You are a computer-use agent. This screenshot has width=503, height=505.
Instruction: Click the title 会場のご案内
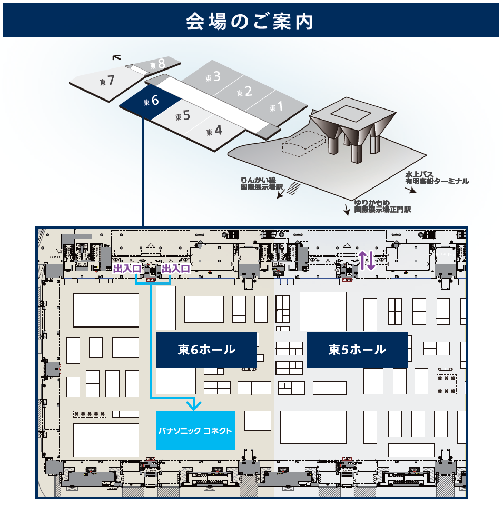251,21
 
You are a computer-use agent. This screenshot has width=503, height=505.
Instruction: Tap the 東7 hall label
107,81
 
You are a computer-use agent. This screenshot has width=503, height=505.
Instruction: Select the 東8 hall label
157,64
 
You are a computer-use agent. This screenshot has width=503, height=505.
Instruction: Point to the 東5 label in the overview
183,115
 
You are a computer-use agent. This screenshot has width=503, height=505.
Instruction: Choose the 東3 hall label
213,77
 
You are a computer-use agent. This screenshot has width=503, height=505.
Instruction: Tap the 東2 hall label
244,92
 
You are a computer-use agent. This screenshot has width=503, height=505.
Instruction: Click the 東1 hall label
276,107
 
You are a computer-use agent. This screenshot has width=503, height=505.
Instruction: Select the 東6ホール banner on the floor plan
206,350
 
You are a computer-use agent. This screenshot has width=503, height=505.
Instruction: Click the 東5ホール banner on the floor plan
357,350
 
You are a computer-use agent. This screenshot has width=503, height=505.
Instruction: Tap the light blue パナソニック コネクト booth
195,430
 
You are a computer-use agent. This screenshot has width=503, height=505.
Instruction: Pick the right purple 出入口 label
175,269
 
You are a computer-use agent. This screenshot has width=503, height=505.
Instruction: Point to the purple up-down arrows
367,260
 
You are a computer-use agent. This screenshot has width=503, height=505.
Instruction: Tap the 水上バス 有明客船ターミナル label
437,177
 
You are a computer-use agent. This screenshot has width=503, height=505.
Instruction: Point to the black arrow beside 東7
116,58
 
